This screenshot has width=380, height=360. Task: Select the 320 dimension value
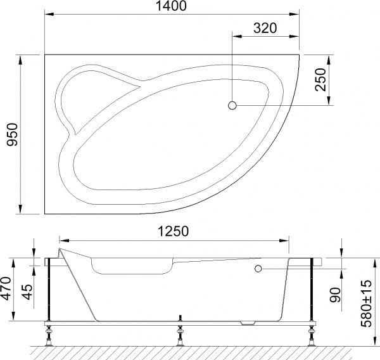coord(266,28)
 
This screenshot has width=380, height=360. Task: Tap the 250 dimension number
coord(320,81)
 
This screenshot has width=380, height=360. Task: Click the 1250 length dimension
coord(172,232)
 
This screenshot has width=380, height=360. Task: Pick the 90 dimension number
coord(336,295)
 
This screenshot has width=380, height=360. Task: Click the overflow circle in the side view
coord(258,269)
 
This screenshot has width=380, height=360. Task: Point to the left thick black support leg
coord(48,290)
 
